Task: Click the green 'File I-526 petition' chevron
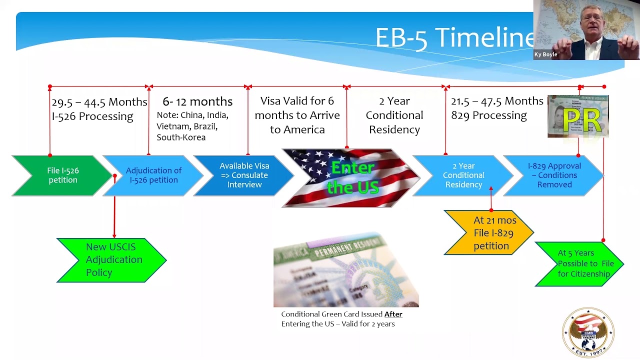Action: tap(62, 175)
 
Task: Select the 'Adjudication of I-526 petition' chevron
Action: tap(153, 175)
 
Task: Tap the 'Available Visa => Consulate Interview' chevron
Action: tap(244, 175)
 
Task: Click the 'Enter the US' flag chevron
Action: tap(351, 178)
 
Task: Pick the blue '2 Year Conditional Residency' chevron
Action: tap(463, 175)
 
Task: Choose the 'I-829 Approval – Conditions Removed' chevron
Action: tap(554, 175)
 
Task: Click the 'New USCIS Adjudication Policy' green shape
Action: tap(111, 260)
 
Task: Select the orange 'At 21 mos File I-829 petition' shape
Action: tap(489, 233)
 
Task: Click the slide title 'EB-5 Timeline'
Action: tap(452, 38)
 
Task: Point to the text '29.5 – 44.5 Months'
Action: tap(99, 102)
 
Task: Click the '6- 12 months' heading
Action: tap(197, 102)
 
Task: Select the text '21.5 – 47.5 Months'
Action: tap(496, 101)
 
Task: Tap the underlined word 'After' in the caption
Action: tap(393, 314)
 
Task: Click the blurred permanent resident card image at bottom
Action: tap(346, 270)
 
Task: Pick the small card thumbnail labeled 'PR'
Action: tap(578, 116)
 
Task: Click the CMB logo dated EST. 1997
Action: tap(588, 332)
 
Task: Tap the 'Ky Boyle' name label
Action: tap(546, 54)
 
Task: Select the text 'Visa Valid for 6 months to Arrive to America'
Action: tap(297, 115)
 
